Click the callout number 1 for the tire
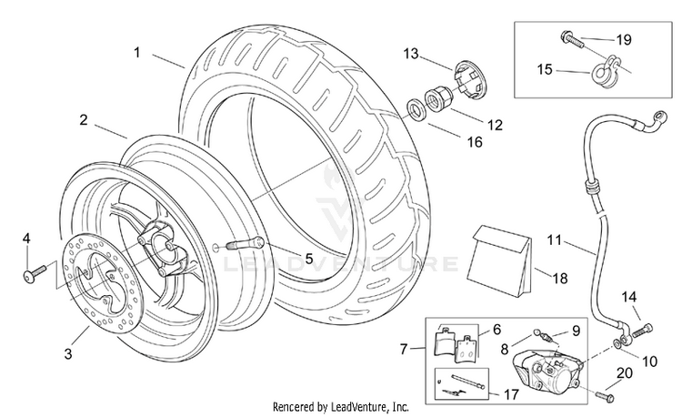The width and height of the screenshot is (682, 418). [x=137, y=53]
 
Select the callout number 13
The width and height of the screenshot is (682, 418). [x=411, y=54]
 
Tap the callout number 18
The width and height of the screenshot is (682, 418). [x=560, y=279]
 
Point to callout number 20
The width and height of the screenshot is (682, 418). [x=625, y=373]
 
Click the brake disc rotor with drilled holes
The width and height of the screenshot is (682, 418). [x=100, y=289]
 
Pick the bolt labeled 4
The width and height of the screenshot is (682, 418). [x=34, y=273]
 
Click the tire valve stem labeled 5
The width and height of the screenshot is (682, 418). [x=244, y=242]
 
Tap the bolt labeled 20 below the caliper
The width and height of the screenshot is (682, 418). [x=604, y=396]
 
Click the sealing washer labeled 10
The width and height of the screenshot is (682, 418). [x=617, y=344]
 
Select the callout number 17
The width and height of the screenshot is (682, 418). [x=511, y=394]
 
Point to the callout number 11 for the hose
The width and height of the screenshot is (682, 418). [x=555, y=240]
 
